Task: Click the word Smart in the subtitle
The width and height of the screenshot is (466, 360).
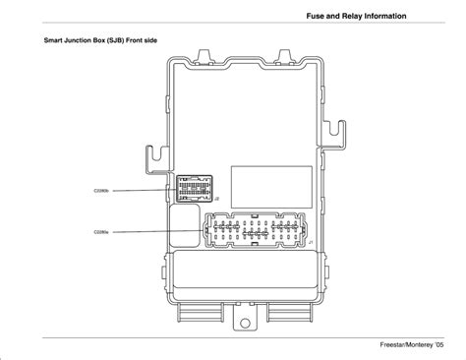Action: click(x=54, y=43)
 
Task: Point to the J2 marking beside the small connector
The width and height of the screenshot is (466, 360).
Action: click(x=215, y=199)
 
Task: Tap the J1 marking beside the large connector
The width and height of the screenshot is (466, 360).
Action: click(x=311, y=243)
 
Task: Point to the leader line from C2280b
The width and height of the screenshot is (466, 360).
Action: click(x=143, y=190)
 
